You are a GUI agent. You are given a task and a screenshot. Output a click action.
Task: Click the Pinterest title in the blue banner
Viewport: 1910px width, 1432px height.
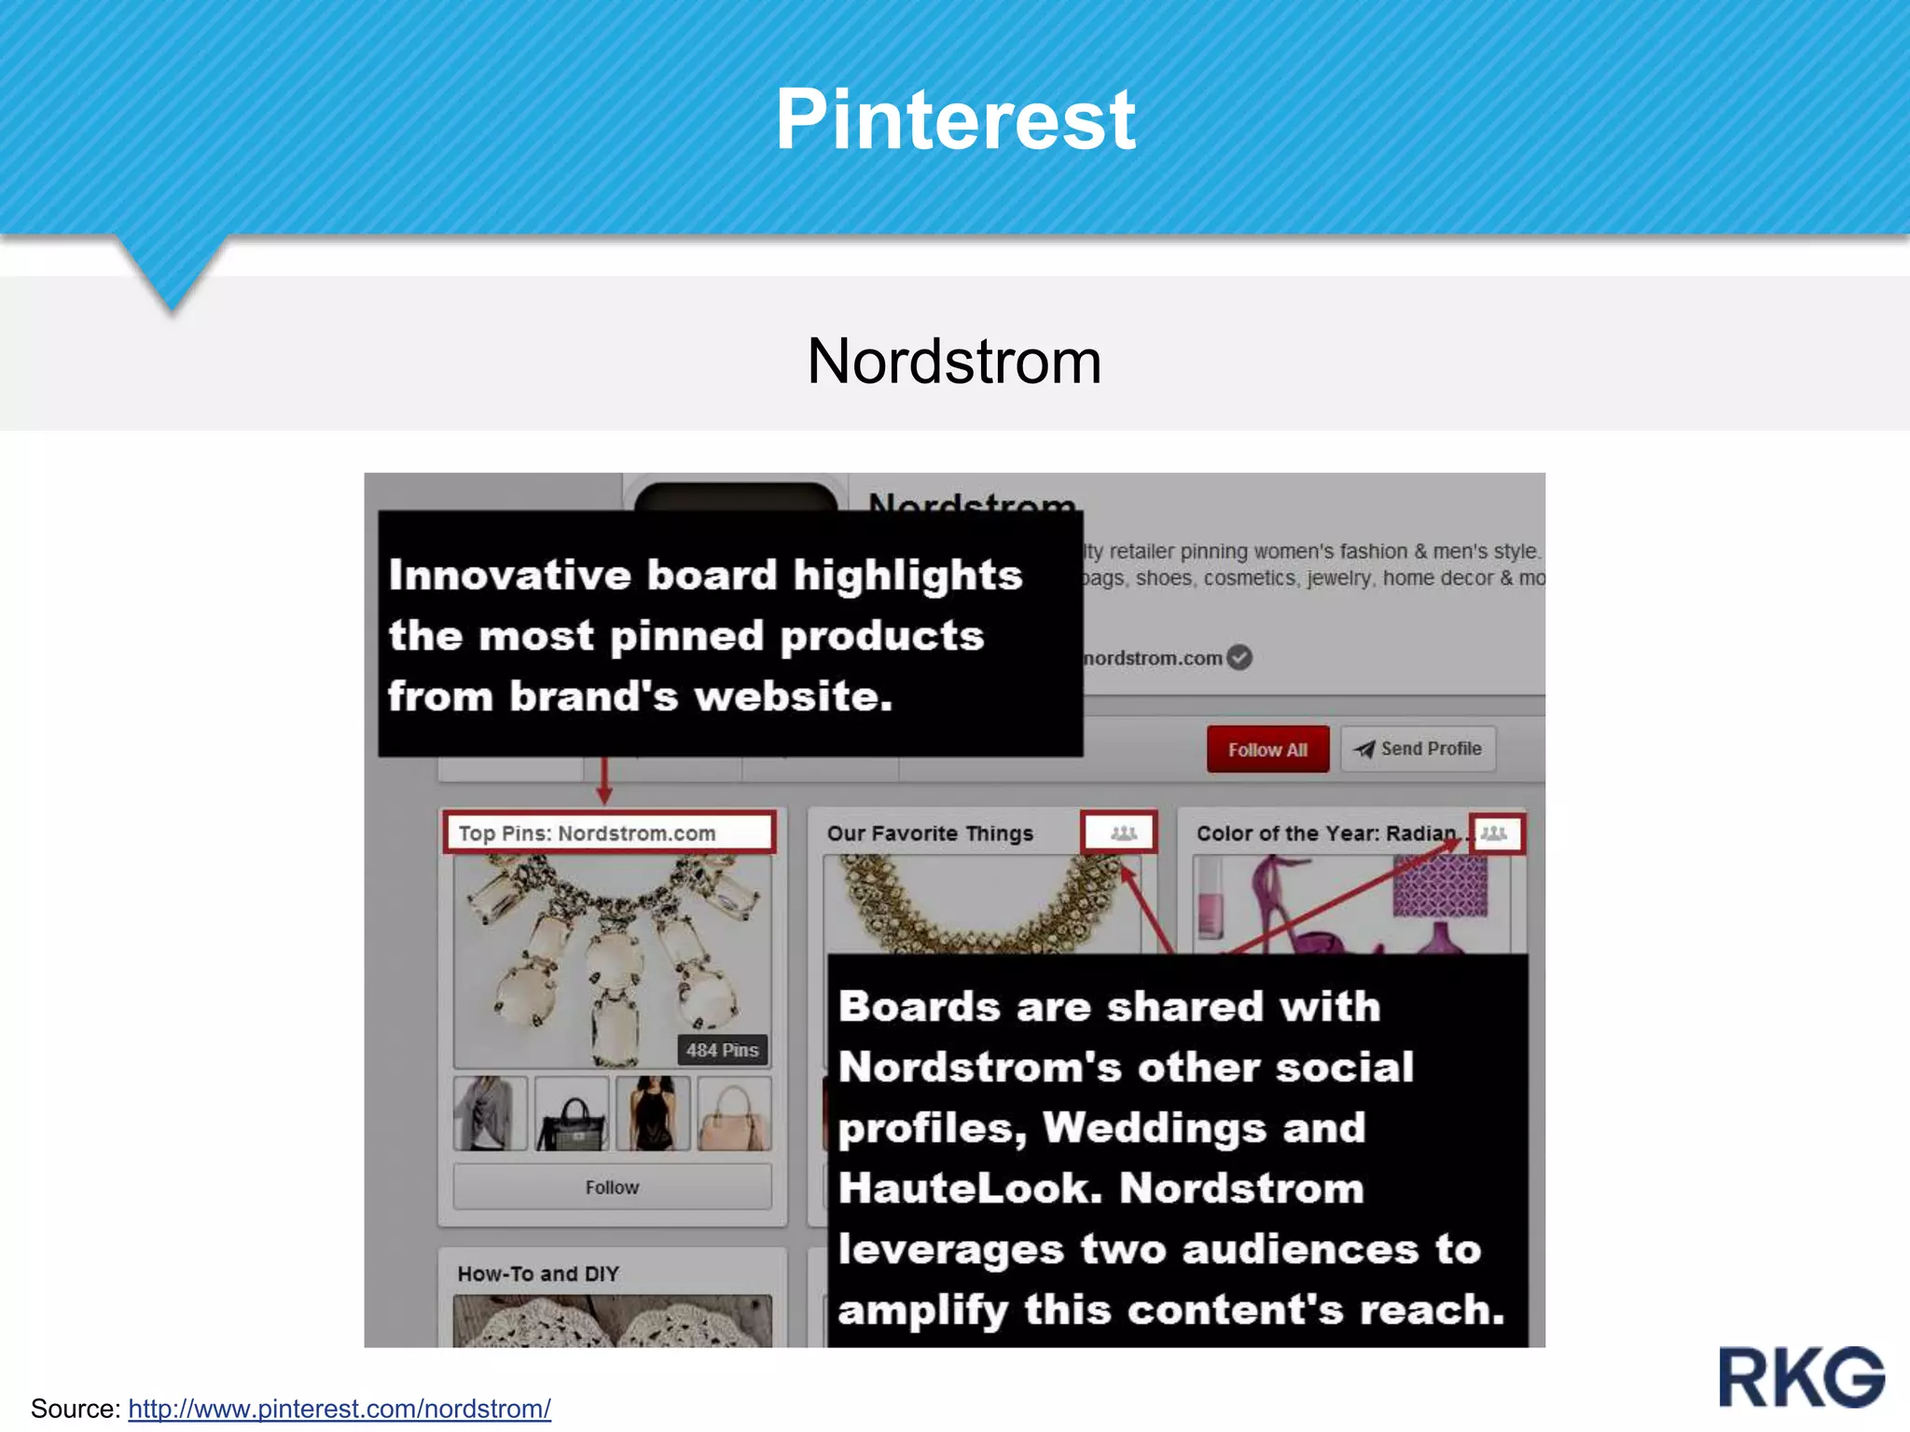(955, 119)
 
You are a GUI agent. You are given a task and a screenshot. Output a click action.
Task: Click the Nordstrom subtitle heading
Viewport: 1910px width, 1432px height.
(954, 362)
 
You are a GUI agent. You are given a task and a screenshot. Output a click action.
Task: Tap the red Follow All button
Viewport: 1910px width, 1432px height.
(1267, 750)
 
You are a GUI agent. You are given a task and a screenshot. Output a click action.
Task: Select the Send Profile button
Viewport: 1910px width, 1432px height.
(1419, 749)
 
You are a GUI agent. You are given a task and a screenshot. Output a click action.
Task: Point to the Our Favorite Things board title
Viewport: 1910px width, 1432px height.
(930, 833)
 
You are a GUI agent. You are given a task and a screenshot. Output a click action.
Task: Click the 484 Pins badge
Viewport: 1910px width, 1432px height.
(722, 1050)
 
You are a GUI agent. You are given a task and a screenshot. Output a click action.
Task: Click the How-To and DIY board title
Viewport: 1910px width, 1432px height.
(538, 1274)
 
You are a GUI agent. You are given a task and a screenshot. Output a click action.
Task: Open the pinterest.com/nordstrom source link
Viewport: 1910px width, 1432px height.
(339, 1409)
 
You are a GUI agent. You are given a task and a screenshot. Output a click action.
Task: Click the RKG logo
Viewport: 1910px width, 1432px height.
(1802, 1377)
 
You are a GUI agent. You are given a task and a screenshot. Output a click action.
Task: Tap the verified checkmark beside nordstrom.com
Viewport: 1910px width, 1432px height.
(1239, 658)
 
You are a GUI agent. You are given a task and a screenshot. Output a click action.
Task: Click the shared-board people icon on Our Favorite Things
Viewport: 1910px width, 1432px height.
(1123, 833)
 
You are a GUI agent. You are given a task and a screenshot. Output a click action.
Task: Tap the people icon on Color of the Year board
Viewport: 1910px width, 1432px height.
(1494, 833)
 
